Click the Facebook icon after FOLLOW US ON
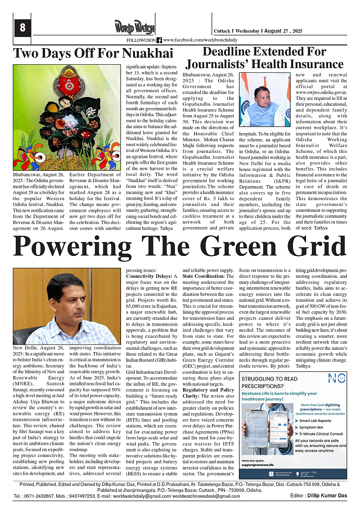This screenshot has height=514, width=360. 159,40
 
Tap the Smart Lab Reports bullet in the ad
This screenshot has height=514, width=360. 315,420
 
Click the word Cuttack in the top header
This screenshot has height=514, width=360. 221,31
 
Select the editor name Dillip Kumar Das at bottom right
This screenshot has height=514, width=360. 332,496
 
